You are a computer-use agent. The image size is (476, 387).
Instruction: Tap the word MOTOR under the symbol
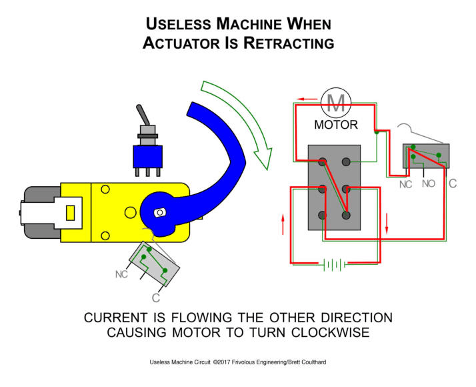point(336,125)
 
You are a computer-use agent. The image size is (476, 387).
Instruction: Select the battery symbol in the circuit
point(334,265)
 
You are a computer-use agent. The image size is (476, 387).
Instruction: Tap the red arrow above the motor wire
point(307,97)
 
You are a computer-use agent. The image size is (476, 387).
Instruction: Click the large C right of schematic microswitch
point(453,182)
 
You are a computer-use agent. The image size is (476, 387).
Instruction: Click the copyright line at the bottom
point(238,363)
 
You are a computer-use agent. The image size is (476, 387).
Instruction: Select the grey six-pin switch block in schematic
point(334,187)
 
